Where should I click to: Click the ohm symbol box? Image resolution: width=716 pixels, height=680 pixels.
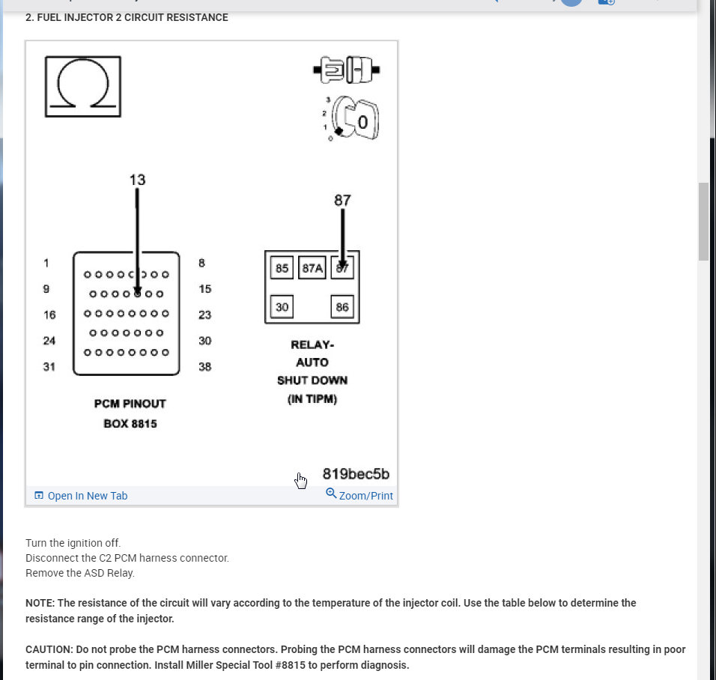click(x=82, y=86)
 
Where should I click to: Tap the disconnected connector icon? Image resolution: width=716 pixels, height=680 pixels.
click(x=346, y=71)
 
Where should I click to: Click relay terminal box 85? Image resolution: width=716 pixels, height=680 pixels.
click(x=282, y=268)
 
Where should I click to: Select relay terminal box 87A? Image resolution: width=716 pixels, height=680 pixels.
click(x=312, y=268)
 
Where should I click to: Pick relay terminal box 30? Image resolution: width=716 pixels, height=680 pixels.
click(x=282, y=307)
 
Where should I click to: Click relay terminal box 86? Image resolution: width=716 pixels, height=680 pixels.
click(x=342, y=307)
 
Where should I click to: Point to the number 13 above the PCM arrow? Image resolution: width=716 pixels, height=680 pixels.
click(x=137, y=180)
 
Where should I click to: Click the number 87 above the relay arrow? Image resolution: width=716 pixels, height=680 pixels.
click(x=342, y=200)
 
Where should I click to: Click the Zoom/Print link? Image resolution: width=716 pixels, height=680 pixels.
click(x=359, y=495)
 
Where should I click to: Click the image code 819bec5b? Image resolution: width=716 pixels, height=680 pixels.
click(x=356, y=474)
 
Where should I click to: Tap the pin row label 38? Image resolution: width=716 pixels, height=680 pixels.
click(x=204, y=367)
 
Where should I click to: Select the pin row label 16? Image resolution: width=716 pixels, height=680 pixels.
click(x=49, y=315)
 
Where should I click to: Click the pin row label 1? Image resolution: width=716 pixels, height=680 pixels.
click(x=46, y=263)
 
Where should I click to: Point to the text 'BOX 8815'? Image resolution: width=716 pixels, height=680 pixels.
click(x=130, y=424)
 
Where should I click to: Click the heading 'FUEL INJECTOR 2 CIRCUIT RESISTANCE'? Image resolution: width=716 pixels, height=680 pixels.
click(x=127, y=17)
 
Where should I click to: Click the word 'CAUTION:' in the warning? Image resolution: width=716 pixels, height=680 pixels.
click(x=49, y=650)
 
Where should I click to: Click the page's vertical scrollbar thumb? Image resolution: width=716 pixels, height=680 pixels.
click(x=703, y=221)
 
